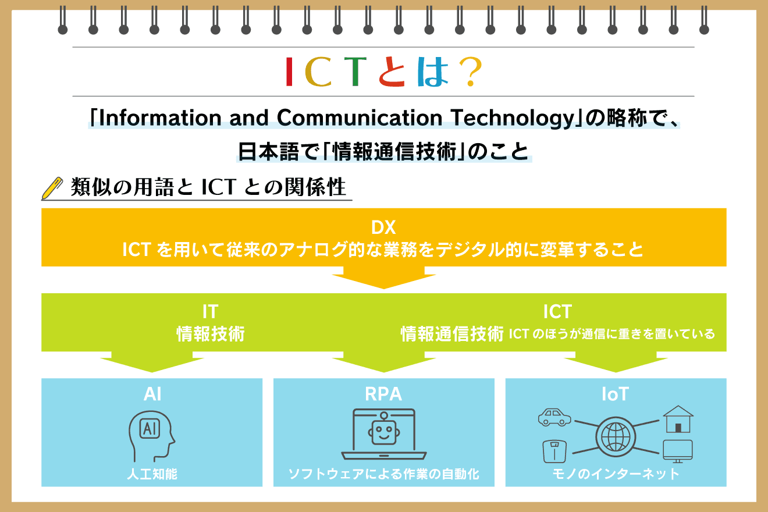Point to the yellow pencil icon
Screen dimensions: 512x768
52,188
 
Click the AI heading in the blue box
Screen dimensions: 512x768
152,394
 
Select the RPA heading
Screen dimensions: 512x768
383,394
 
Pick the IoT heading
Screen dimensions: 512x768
615,394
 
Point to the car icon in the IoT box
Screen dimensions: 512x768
554,417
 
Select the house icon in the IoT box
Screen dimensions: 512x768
678,419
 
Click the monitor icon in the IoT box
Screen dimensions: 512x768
678,450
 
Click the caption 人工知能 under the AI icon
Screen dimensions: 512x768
152,474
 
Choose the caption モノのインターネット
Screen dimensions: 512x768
616,474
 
